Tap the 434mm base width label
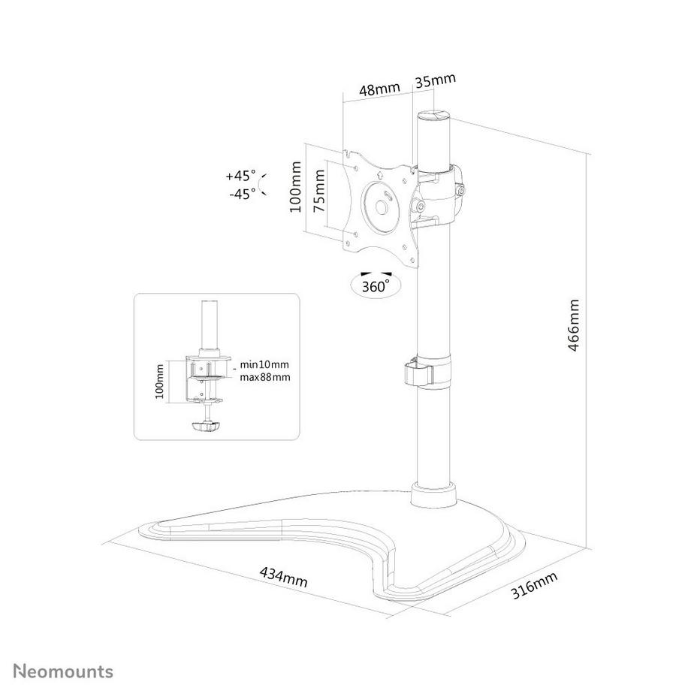click(x=283, y=577)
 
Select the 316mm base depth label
click(x=534, y=585)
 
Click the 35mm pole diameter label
click(x=435, y=80)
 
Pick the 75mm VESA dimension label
click(x=319, y=192)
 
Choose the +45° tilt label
click(x=240, y=176)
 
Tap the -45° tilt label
click(x=243, y=194)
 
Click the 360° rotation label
click(x=376, y=286)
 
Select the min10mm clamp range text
click(x=264, y=364)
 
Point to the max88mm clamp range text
click(x=265, y=377)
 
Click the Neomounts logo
click(x=63, y=671)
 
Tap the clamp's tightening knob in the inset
click(x=205, y=426)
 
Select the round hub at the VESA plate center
click(x=382, y=205)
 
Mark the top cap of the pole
click(x=434, y=116)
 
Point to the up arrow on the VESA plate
click(x=380, y=174)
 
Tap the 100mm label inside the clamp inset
click(x=159, y=382)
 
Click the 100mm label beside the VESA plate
click(x=296, y=187)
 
